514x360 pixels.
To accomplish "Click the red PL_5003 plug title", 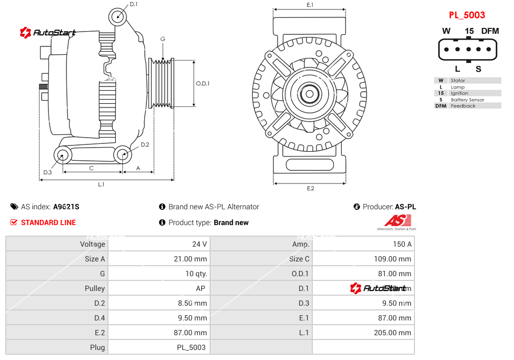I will coord(467,15).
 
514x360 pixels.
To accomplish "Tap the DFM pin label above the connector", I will coord(490,31).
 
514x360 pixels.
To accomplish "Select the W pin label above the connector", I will coord(446,31).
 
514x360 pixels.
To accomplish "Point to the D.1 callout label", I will coord(133,4).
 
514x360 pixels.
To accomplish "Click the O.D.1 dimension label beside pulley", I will coord(203,83).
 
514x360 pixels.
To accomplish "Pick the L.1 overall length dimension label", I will coord(101,184).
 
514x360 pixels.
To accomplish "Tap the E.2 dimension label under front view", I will coord(310,188).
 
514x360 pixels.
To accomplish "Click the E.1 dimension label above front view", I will coord(310,5).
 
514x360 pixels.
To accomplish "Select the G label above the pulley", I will coord(163,40).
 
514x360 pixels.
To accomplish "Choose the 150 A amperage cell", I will coord(402,244).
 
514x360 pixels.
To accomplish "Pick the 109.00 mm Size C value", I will coord(390,259).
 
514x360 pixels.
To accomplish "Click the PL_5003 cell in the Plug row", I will coord(191,347).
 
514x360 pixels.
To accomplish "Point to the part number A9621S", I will coord(66,207).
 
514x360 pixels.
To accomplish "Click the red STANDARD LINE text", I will coord(48,222).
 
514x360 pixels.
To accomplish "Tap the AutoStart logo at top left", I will coord(48,33).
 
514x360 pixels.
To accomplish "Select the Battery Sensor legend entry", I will coord(467,100).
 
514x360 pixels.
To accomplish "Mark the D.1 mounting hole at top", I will coord(118,16).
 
